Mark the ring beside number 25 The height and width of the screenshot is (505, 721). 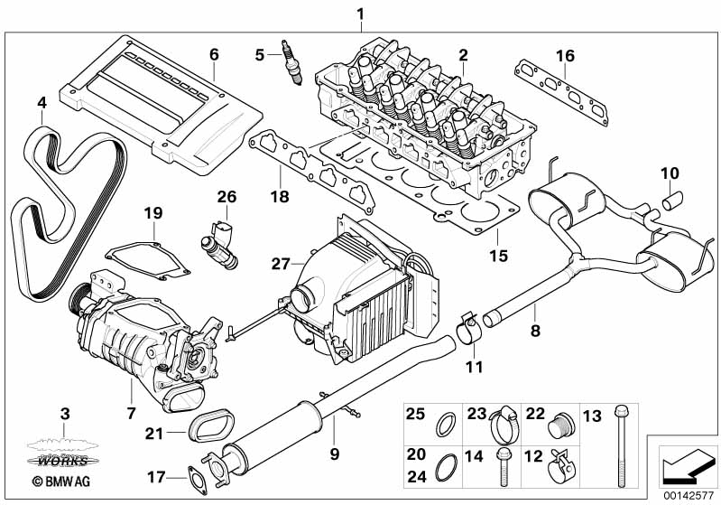pyautogui.click(x=446, y=424)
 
